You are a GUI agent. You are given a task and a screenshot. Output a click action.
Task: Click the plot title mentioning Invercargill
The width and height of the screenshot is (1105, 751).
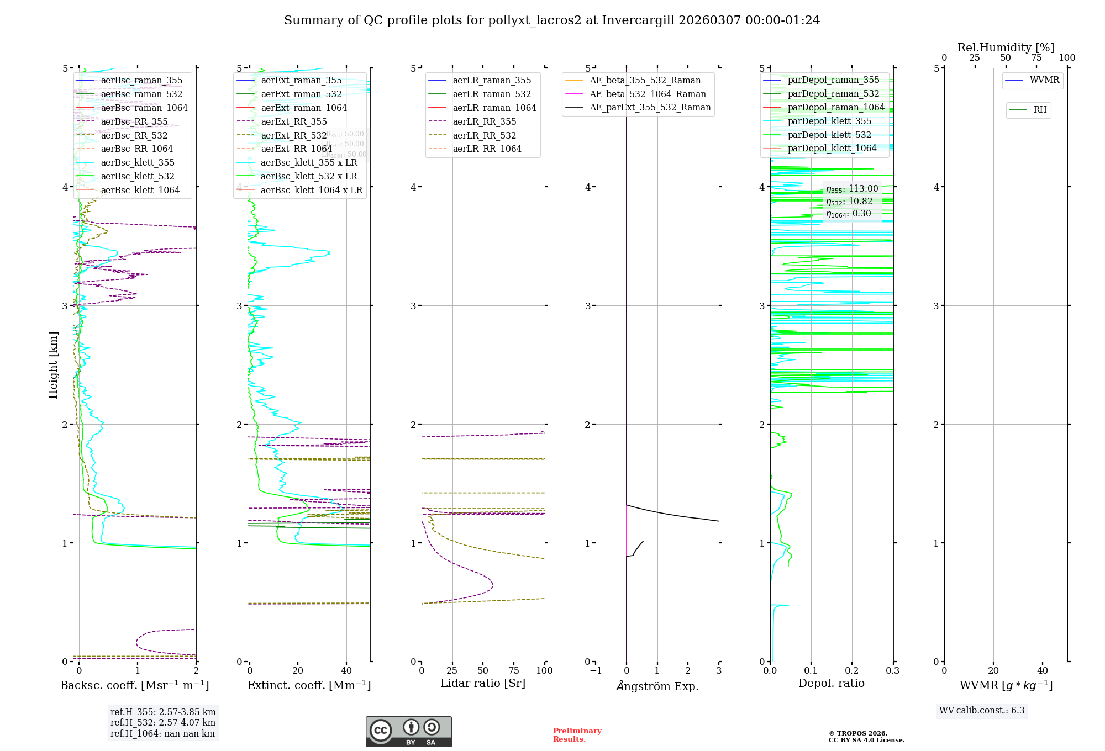[552, 20]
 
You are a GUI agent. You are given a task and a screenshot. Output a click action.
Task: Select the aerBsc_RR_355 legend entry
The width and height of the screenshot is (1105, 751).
[134, 121]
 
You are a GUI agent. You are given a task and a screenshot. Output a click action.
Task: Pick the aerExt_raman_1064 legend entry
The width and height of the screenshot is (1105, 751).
[303, 108]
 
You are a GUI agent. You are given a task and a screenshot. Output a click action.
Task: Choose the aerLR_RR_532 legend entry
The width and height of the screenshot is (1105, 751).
[484, 135]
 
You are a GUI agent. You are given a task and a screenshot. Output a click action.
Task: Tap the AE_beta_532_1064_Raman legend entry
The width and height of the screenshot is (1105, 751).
[648, 94]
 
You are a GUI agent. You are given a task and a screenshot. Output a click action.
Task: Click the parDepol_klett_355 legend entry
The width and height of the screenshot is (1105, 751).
[829, 121]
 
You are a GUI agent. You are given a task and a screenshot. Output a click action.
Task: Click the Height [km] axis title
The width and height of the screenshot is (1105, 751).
[53, 365]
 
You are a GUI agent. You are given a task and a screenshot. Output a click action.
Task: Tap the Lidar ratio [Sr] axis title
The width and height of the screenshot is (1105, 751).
[483, 683]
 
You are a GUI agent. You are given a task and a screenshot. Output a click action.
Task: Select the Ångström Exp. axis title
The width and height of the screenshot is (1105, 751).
[657, 686]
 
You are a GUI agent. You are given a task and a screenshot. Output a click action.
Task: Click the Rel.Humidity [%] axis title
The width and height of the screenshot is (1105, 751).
[1006, 47]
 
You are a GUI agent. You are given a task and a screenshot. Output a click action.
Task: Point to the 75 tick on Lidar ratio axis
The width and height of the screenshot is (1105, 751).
[514, 670]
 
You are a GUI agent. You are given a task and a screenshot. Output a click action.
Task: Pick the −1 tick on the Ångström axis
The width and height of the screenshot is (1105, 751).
[596, 670]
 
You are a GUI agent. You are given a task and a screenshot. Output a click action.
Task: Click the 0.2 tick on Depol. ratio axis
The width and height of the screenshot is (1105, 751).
[852, 670]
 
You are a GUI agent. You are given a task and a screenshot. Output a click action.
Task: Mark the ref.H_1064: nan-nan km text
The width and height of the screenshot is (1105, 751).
[162, 733]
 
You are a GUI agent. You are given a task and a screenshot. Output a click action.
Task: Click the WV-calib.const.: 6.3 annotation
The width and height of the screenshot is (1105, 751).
[982, 710]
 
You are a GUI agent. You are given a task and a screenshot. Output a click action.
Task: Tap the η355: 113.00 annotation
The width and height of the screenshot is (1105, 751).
[852, 189]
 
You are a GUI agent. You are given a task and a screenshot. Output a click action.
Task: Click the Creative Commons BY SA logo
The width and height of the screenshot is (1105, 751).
[408, 731]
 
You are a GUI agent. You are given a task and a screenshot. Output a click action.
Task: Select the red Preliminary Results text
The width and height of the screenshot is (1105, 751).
[577, 734]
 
